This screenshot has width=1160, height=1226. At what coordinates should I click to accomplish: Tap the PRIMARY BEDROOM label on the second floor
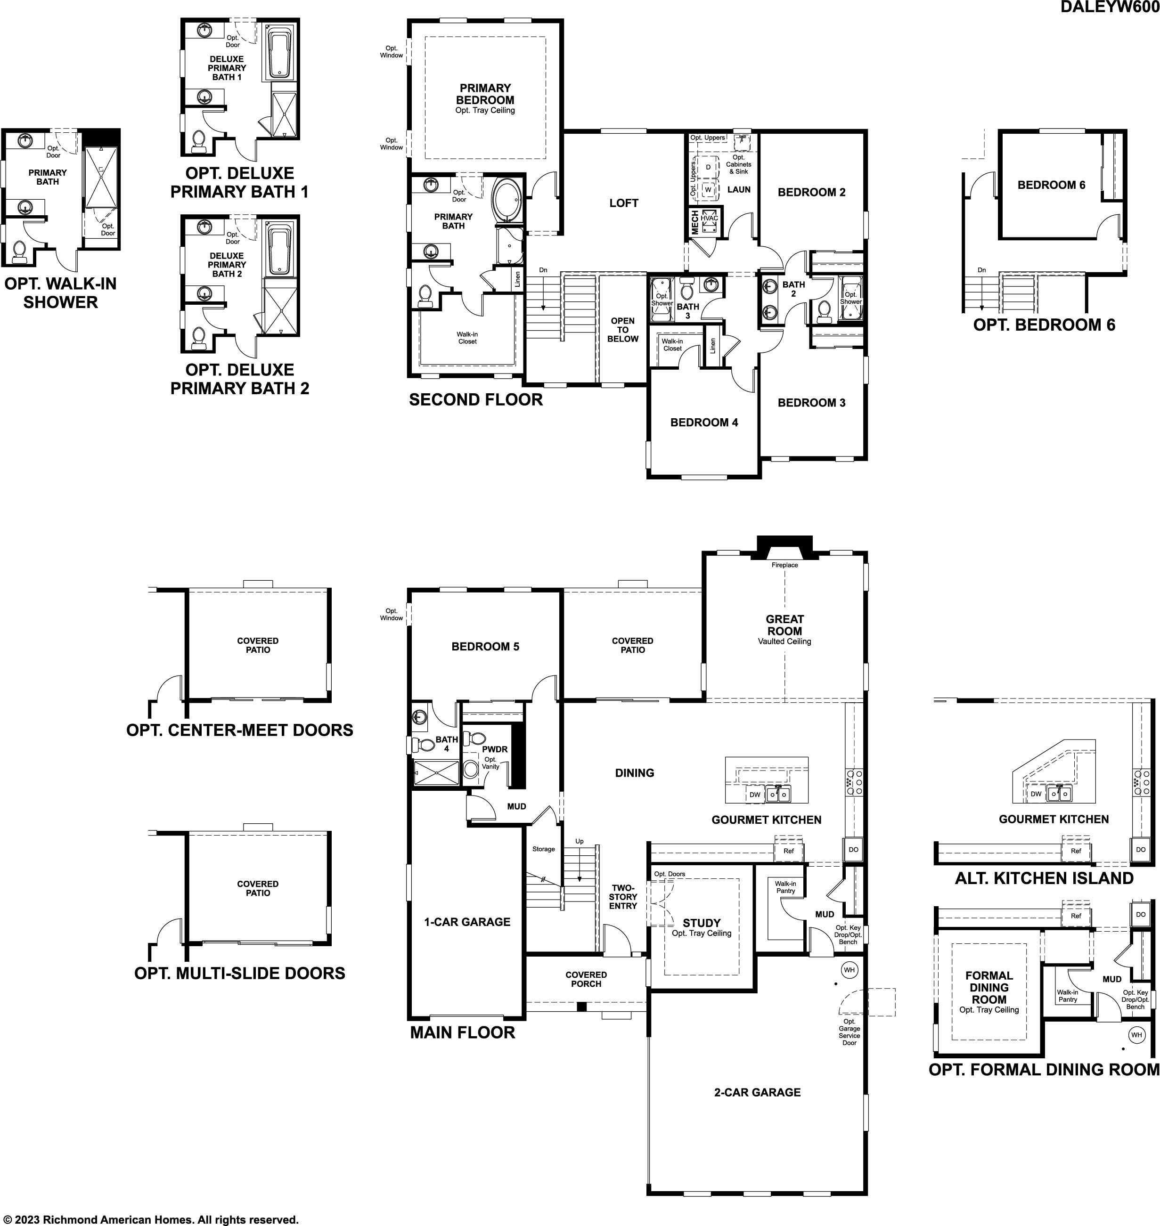pos(485,94)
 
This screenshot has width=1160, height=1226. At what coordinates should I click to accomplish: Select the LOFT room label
pos(623,203)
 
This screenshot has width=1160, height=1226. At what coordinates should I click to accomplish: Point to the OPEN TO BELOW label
pos(623,330)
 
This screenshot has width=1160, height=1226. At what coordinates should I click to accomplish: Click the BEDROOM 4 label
pos(704,422)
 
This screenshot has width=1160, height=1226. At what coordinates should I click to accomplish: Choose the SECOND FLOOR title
pos(475,399)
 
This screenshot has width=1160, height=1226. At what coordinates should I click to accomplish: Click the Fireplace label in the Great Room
pos(784,565)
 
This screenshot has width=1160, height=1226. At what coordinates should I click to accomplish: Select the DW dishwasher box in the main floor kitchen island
pos(754,795)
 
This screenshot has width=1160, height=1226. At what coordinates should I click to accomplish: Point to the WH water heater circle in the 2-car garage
pos(849,970)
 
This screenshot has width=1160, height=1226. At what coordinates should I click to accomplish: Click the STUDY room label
pos(702,923)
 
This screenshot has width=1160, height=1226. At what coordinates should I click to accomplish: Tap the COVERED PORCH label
pos(586,979)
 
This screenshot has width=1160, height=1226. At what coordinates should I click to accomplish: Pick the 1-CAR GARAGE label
pos(467,922)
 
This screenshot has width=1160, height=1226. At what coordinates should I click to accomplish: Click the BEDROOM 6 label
pos(1051,185)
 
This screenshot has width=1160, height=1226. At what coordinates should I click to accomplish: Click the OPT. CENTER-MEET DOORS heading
pos(240,730)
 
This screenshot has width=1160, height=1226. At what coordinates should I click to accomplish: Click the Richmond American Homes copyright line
pos(150,1219)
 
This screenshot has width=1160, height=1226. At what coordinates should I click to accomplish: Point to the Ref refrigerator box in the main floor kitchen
pos(788,851)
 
